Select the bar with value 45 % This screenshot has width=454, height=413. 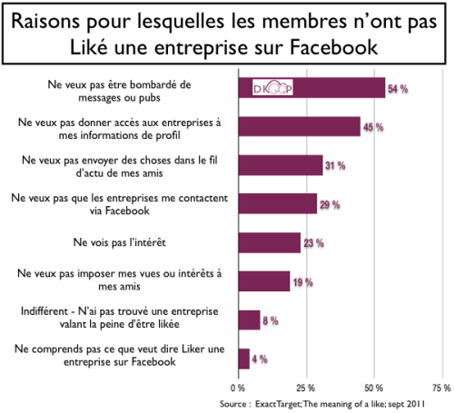(x=300, y=125)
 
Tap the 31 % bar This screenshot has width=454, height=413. (x=281, y=164)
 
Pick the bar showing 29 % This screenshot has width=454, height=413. (x=278, y=202)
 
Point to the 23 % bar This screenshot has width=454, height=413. (x=270, y=241)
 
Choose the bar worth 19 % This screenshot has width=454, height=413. (x=264, y=280)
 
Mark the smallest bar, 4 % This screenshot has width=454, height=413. (x=244, y=358)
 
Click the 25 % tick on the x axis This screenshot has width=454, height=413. (x=306, y=386)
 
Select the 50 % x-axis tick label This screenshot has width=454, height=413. (x=373, y=386)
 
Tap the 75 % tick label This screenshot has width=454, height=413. (x=440, y=386)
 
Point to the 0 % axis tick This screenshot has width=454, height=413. (x=239, y=386)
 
